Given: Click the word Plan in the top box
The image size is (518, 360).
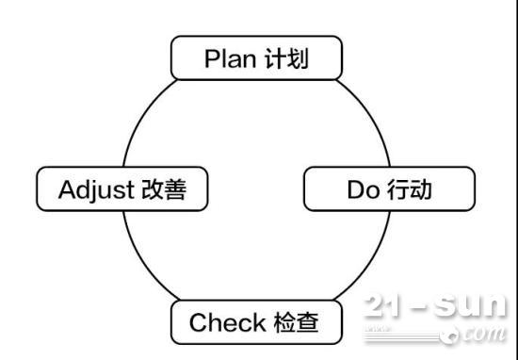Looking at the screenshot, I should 229,58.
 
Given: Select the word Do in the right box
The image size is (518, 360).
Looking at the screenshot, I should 364,189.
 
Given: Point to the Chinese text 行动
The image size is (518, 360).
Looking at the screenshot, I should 409,189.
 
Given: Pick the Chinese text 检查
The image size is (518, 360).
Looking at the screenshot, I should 295,323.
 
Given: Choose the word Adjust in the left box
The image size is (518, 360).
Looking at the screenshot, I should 98,189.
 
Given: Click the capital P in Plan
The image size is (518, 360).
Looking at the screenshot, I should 211,58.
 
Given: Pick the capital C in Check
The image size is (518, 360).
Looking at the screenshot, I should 199,323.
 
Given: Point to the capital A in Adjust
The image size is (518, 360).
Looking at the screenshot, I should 66,189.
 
